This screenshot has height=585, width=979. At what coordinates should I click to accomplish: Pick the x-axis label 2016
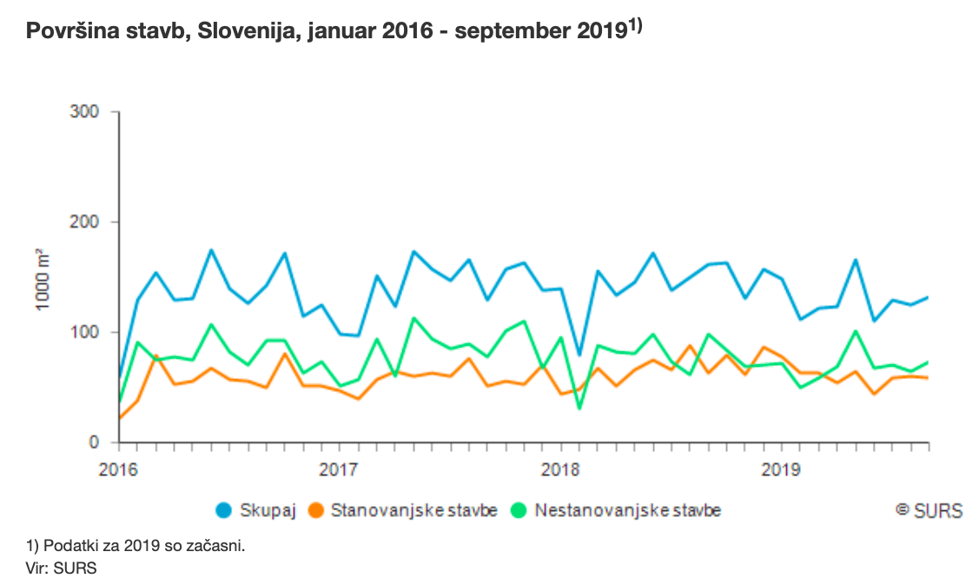[119, 469]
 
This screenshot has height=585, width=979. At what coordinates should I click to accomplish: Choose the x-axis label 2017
[340, 469]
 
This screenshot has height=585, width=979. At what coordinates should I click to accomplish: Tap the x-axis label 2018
[560, 469]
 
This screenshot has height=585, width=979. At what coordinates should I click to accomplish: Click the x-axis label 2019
[781, 469]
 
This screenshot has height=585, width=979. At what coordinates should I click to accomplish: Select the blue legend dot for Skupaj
[224, 510]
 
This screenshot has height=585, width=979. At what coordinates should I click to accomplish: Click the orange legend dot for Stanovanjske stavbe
[319, 510]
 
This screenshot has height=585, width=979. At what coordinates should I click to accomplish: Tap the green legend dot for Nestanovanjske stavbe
[521, 510]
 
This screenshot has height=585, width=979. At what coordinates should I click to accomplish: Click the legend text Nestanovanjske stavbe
[628, 510]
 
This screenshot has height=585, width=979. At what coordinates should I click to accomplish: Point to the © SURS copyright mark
[929, 510]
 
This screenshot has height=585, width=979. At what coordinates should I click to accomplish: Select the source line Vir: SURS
[62, 568]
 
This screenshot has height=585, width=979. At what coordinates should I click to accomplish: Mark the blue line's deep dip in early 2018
[579, 355]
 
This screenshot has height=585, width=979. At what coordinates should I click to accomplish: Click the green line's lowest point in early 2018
[579, 408]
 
